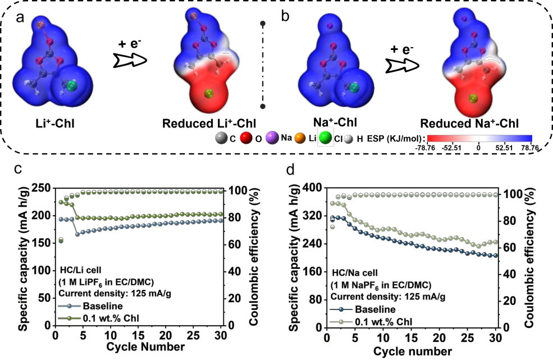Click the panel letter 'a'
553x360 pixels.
point(21,17)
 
